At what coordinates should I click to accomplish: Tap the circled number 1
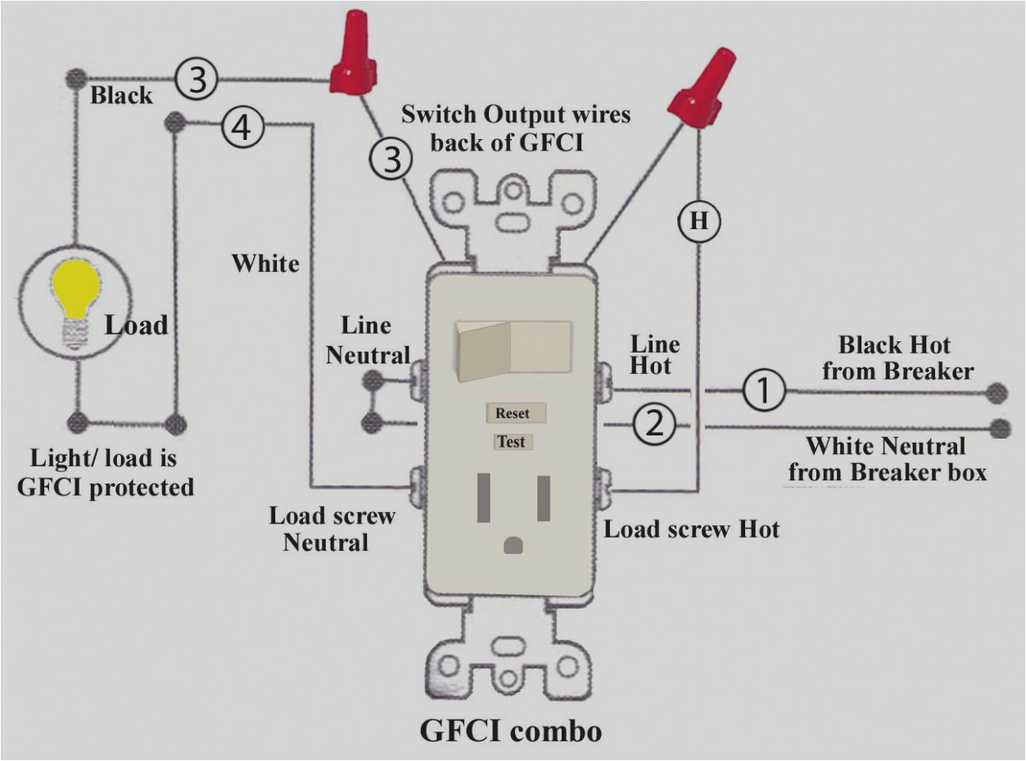pyautogui.click(x=763, y=392)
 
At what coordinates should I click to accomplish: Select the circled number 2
pyautogui.click(x=654, y=426)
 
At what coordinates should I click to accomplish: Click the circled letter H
pyautogui.click(x=698, y=222)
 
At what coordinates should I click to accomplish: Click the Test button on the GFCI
pyautogui.click(x=512, y=442)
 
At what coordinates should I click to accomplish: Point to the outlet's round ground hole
pyautogui.click(x=513, y=544)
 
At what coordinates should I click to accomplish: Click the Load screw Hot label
pyautogui.click(x=692, y=529)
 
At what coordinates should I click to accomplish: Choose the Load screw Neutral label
pyautogui.click(x=332, y=529)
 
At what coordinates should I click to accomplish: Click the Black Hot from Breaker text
pyautogui.click(x=897, y=357)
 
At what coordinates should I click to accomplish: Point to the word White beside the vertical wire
pyautogui.click(x=265, y=263)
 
